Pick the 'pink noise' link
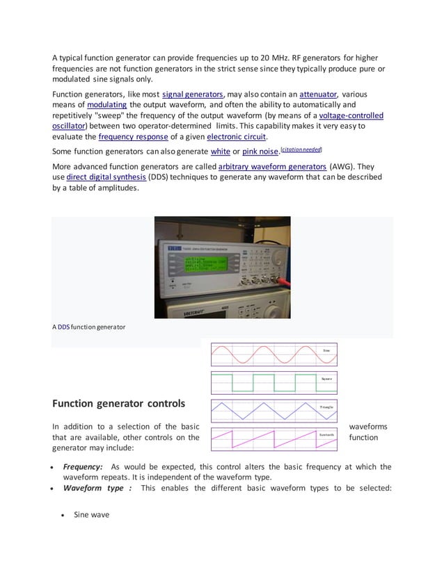260,151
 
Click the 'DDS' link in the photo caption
63,327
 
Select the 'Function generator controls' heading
119,403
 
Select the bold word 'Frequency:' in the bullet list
84,467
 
